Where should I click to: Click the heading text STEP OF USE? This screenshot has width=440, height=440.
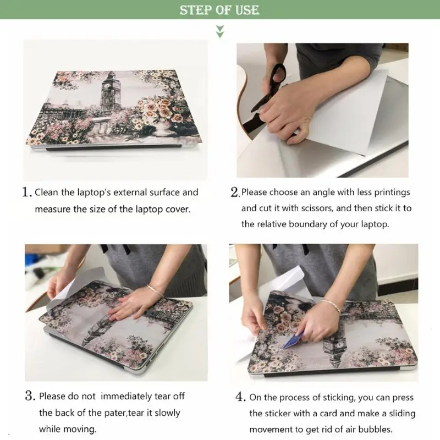tap(219, 10)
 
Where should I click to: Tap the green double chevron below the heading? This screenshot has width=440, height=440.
tap(220, 31)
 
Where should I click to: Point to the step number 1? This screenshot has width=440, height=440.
tap(26, 193)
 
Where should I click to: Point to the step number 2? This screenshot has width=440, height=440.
tap(235, 193)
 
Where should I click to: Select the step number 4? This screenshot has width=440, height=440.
tap(240, 397)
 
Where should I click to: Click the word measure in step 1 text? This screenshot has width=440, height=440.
tap(52, 209)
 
